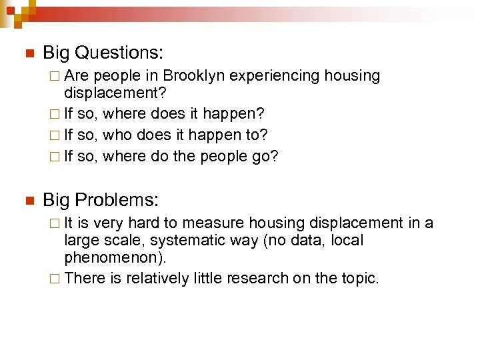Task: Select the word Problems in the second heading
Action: point(117,199)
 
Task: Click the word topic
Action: point(357,278)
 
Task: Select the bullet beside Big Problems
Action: point(27,200)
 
